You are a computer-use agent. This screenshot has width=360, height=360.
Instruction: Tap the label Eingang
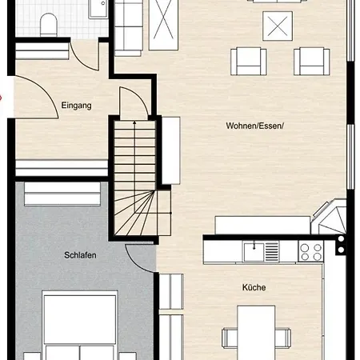click(77, 105)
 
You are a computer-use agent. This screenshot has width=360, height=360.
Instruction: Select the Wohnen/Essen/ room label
click(254, 126)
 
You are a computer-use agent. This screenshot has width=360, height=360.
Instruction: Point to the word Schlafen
click(80, 256)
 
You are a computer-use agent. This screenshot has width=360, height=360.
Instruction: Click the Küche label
click(254, 287)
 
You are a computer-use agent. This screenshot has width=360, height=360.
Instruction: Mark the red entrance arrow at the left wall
click(2, 98)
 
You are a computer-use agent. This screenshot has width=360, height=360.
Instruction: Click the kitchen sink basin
click(255, 251)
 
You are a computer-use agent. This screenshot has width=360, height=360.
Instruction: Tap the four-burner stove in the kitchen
click(310, 252)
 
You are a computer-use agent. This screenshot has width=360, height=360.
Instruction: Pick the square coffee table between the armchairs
click(280, 26)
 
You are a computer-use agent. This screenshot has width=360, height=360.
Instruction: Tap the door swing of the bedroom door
click(140, 254)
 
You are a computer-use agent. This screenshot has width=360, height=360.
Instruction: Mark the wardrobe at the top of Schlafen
click(61, 193)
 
